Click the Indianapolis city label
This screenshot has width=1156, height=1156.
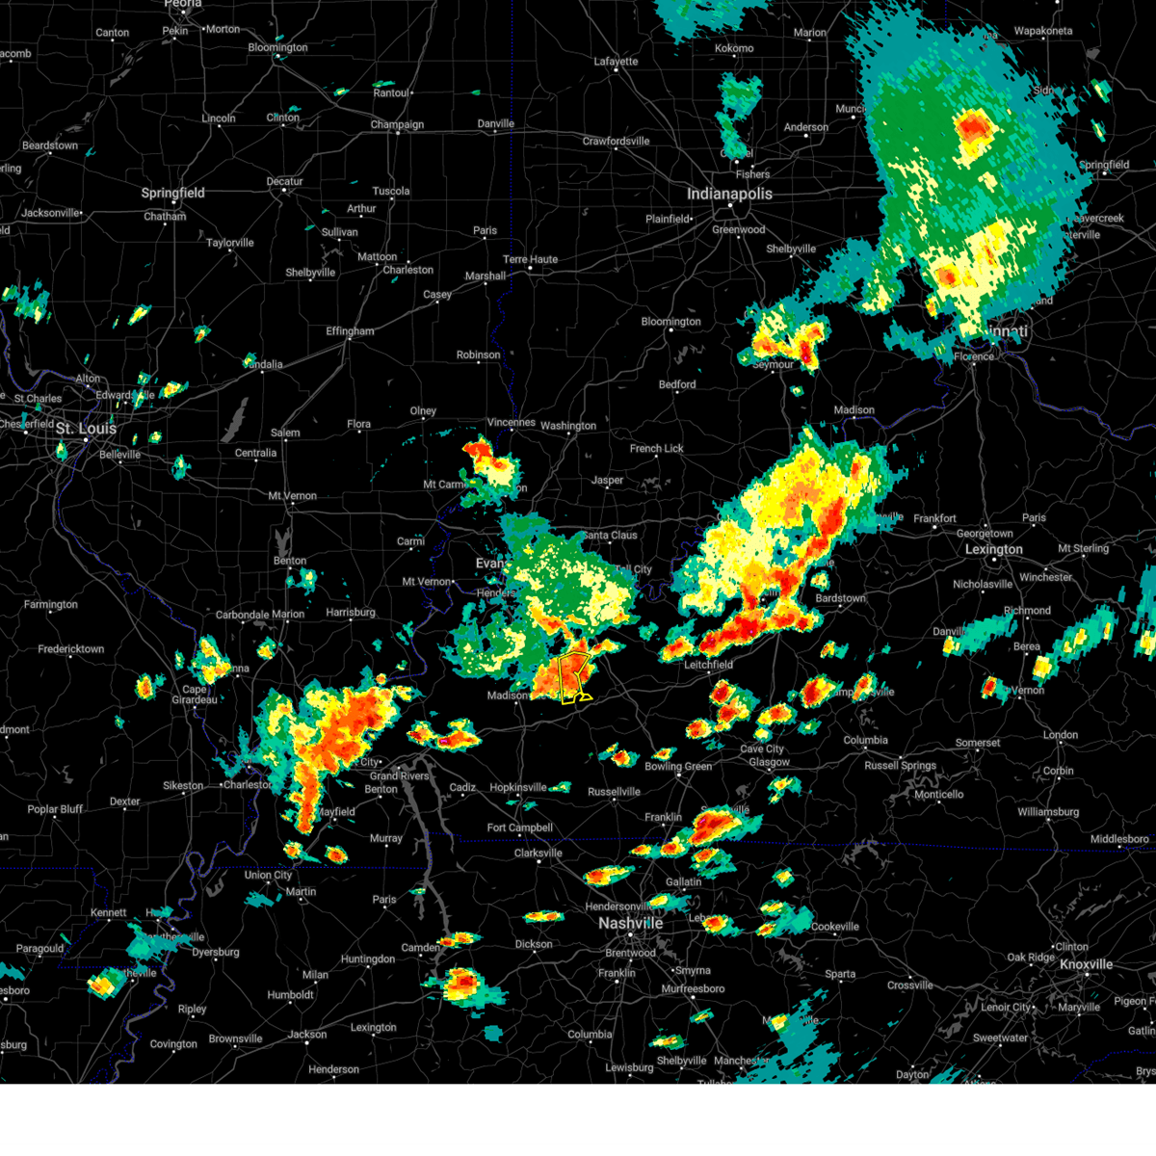(729, 194)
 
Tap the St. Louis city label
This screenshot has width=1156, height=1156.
(86, 428)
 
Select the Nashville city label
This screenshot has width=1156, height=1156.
(630, 923)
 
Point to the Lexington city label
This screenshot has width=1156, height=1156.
(993, 549)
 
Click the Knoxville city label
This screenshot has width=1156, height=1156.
(1086, 964)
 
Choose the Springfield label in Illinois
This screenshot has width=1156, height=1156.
(173, 193)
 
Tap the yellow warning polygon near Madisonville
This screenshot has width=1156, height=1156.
(574, 677)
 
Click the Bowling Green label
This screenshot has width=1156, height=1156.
(678, 767)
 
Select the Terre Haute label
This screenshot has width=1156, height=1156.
(530, 259)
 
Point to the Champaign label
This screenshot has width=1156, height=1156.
(397, 124)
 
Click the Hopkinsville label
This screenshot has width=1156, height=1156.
(518, 787)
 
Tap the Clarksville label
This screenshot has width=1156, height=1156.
(538, 853)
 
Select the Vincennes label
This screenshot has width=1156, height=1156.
(511, 422)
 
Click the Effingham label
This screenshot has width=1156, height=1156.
(350, 331)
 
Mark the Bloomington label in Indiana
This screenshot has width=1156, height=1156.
(670, 322)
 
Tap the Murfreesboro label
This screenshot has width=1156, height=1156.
(692, 988)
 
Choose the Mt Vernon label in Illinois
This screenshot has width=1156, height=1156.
(292, 496)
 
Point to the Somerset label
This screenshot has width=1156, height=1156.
(978, 743)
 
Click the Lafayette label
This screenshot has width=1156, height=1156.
(616, 62)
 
